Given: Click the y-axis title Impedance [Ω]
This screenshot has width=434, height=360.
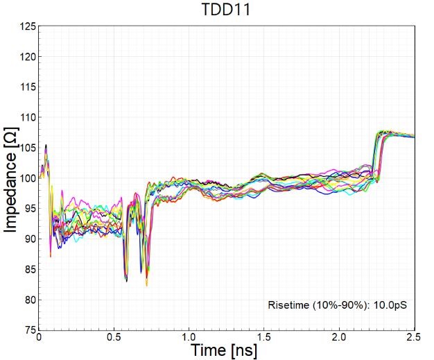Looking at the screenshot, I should [12, 178].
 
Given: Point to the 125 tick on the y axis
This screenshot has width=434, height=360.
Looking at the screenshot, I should [28, 26].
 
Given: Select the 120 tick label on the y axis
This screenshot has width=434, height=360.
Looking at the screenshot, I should [28, 57].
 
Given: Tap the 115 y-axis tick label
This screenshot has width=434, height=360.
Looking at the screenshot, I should [28, 87].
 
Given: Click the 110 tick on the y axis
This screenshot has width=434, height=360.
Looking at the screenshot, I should [28, 118].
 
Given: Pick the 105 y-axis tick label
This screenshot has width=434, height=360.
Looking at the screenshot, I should [28, 148].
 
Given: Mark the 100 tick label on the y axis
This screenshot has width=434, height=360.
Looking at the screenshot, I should [28, 178].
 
